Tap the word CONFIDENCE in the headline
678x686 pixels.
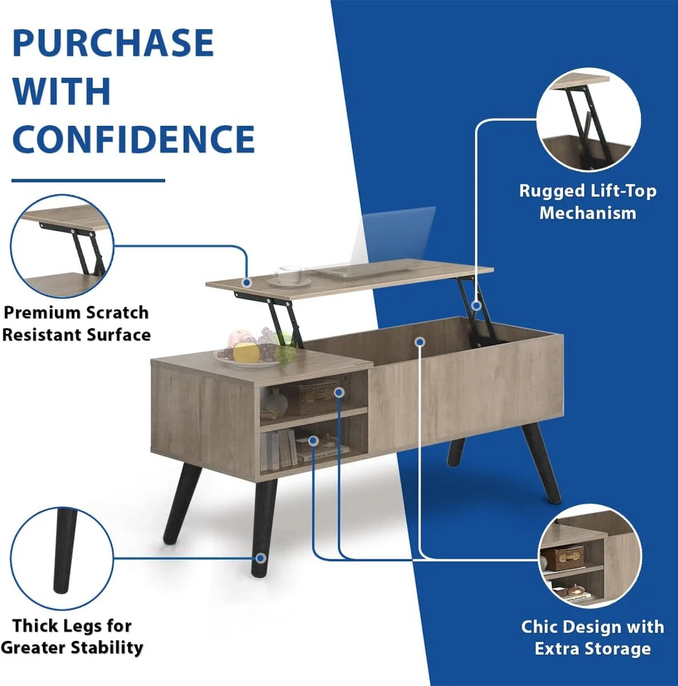click(x=134, y=139)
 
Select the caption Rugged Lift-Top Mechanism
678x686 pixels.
click(x=587, y=202)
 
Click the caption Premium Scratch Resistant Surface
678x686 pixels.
click(x=76, y=323)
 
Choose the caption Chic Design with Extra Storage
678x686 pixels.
click(x=592, y=637)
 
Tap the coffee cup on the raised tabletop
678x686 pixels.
click(x=289, y=274)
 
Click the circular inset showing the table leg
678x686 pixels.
click(x=62, y=558)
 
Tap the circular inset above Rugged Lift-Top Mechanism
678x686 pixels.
click(x=588, y=119)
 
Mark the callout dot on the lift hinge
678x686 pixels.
click(x=476, y=305)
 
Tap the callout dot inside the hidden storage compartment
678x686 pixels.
click(x=420, y=342)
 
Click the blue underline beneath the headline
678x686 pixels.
click(x=89, y=180)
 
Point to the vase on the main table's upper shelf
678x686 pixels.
click(x=274, y=404)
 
